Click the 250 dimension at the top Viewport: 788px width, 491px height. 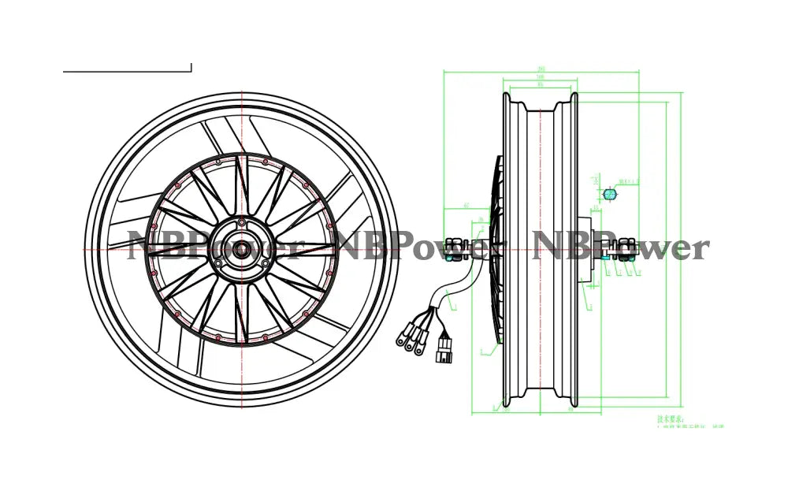coord(541,69)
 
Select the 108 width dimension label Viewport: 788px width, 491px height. coord(541,77)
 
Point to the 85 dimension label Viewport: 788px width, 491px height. coord(541,86)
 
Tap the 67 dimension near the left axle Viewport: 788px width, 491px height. coord(466,206)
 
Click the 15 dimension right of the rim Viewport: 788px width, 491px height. coord(597,209)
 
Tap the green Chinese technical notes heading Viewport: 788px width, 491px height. coord(671,419)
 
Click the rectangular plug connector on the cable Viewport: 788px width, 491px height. coord(444,349)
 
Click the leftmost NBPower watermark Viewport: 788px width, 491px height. coord(214,247)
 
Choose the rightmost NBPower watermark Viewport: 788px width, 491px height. coord(621,247)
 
